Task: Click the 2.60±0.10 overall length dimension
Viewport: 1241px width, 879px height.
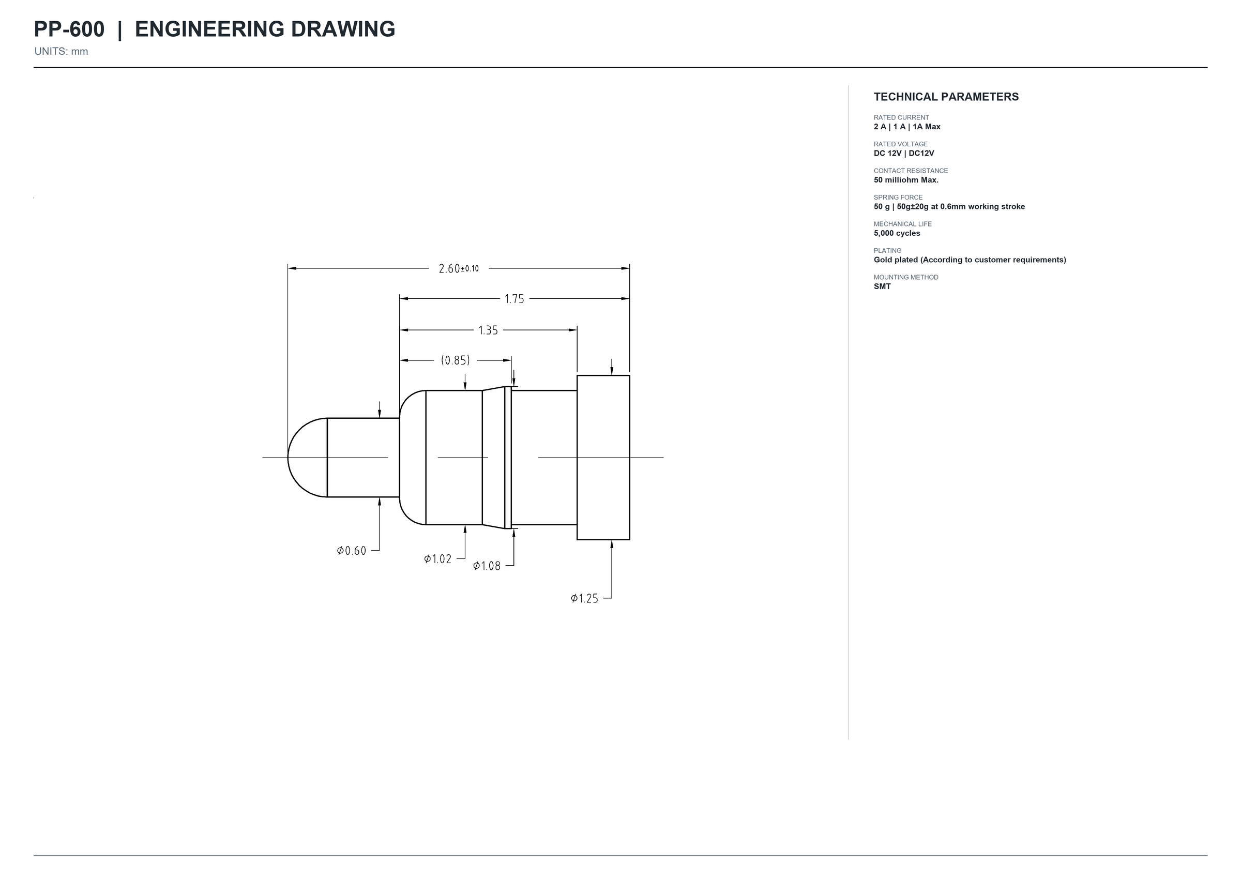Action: pyautogui.click(x=459, y=268)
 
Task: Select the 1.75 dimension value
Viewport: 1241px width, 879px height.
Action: pyautogui.click(x=514, y=299)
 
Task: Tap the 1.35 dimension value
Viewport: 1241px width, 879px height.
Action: pyautogui.click(x=488, y=330)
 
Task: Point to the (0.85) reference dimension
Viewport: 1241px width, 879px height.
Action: pyautogui.click(x=455, y=360)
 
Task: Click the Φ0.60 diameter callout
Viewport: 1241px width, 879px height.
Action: pyautogui.click(x=351, y=551)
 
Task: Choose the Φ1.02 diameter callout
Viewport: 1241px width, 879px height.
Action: pyautogui.click(x=437, y=558)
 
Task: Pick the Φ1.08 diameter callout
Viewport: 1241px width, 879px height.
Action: pyautogui.click(x=487, y=566)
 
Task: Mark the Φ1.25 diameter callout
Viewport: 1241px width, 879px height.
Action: pyautogui.click(x=584, y=599)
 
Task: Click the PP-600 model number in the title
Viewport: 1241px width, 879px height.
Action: pyautogui.click(x=69, y=29)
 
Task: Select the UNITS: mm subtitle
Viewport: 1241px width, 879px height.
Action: pyautogui.click(x=61, y=51)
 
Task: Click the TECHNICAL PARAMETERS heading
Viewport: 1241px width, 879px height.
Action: pyautogui.click(x=946, y=97)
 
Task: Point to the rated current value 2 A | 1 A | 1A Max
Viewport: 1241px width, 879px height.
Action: pyautogui.click(x=907, y=127)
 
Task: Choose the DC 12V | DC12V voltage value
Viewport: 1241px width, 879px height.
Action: pyautogui.click(x=904, y=153)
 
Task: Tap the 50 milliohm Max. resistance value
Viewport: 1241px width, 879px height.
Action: pyautogui.click(x=906, y=180)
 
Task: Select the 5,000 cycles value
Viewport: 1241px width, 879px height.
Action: pyautogui.click(x=897, y=233)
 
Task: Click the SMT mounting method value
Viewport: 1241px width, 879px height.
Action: pyautogui.click(x=882, y=286)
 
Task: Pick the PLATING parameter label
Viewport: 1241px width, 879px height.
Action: pyautogui.click(x=888, y=251)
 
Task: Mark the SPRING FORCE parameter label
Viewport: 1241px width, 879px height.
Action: pyautogui.click(x=898, y=198)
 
